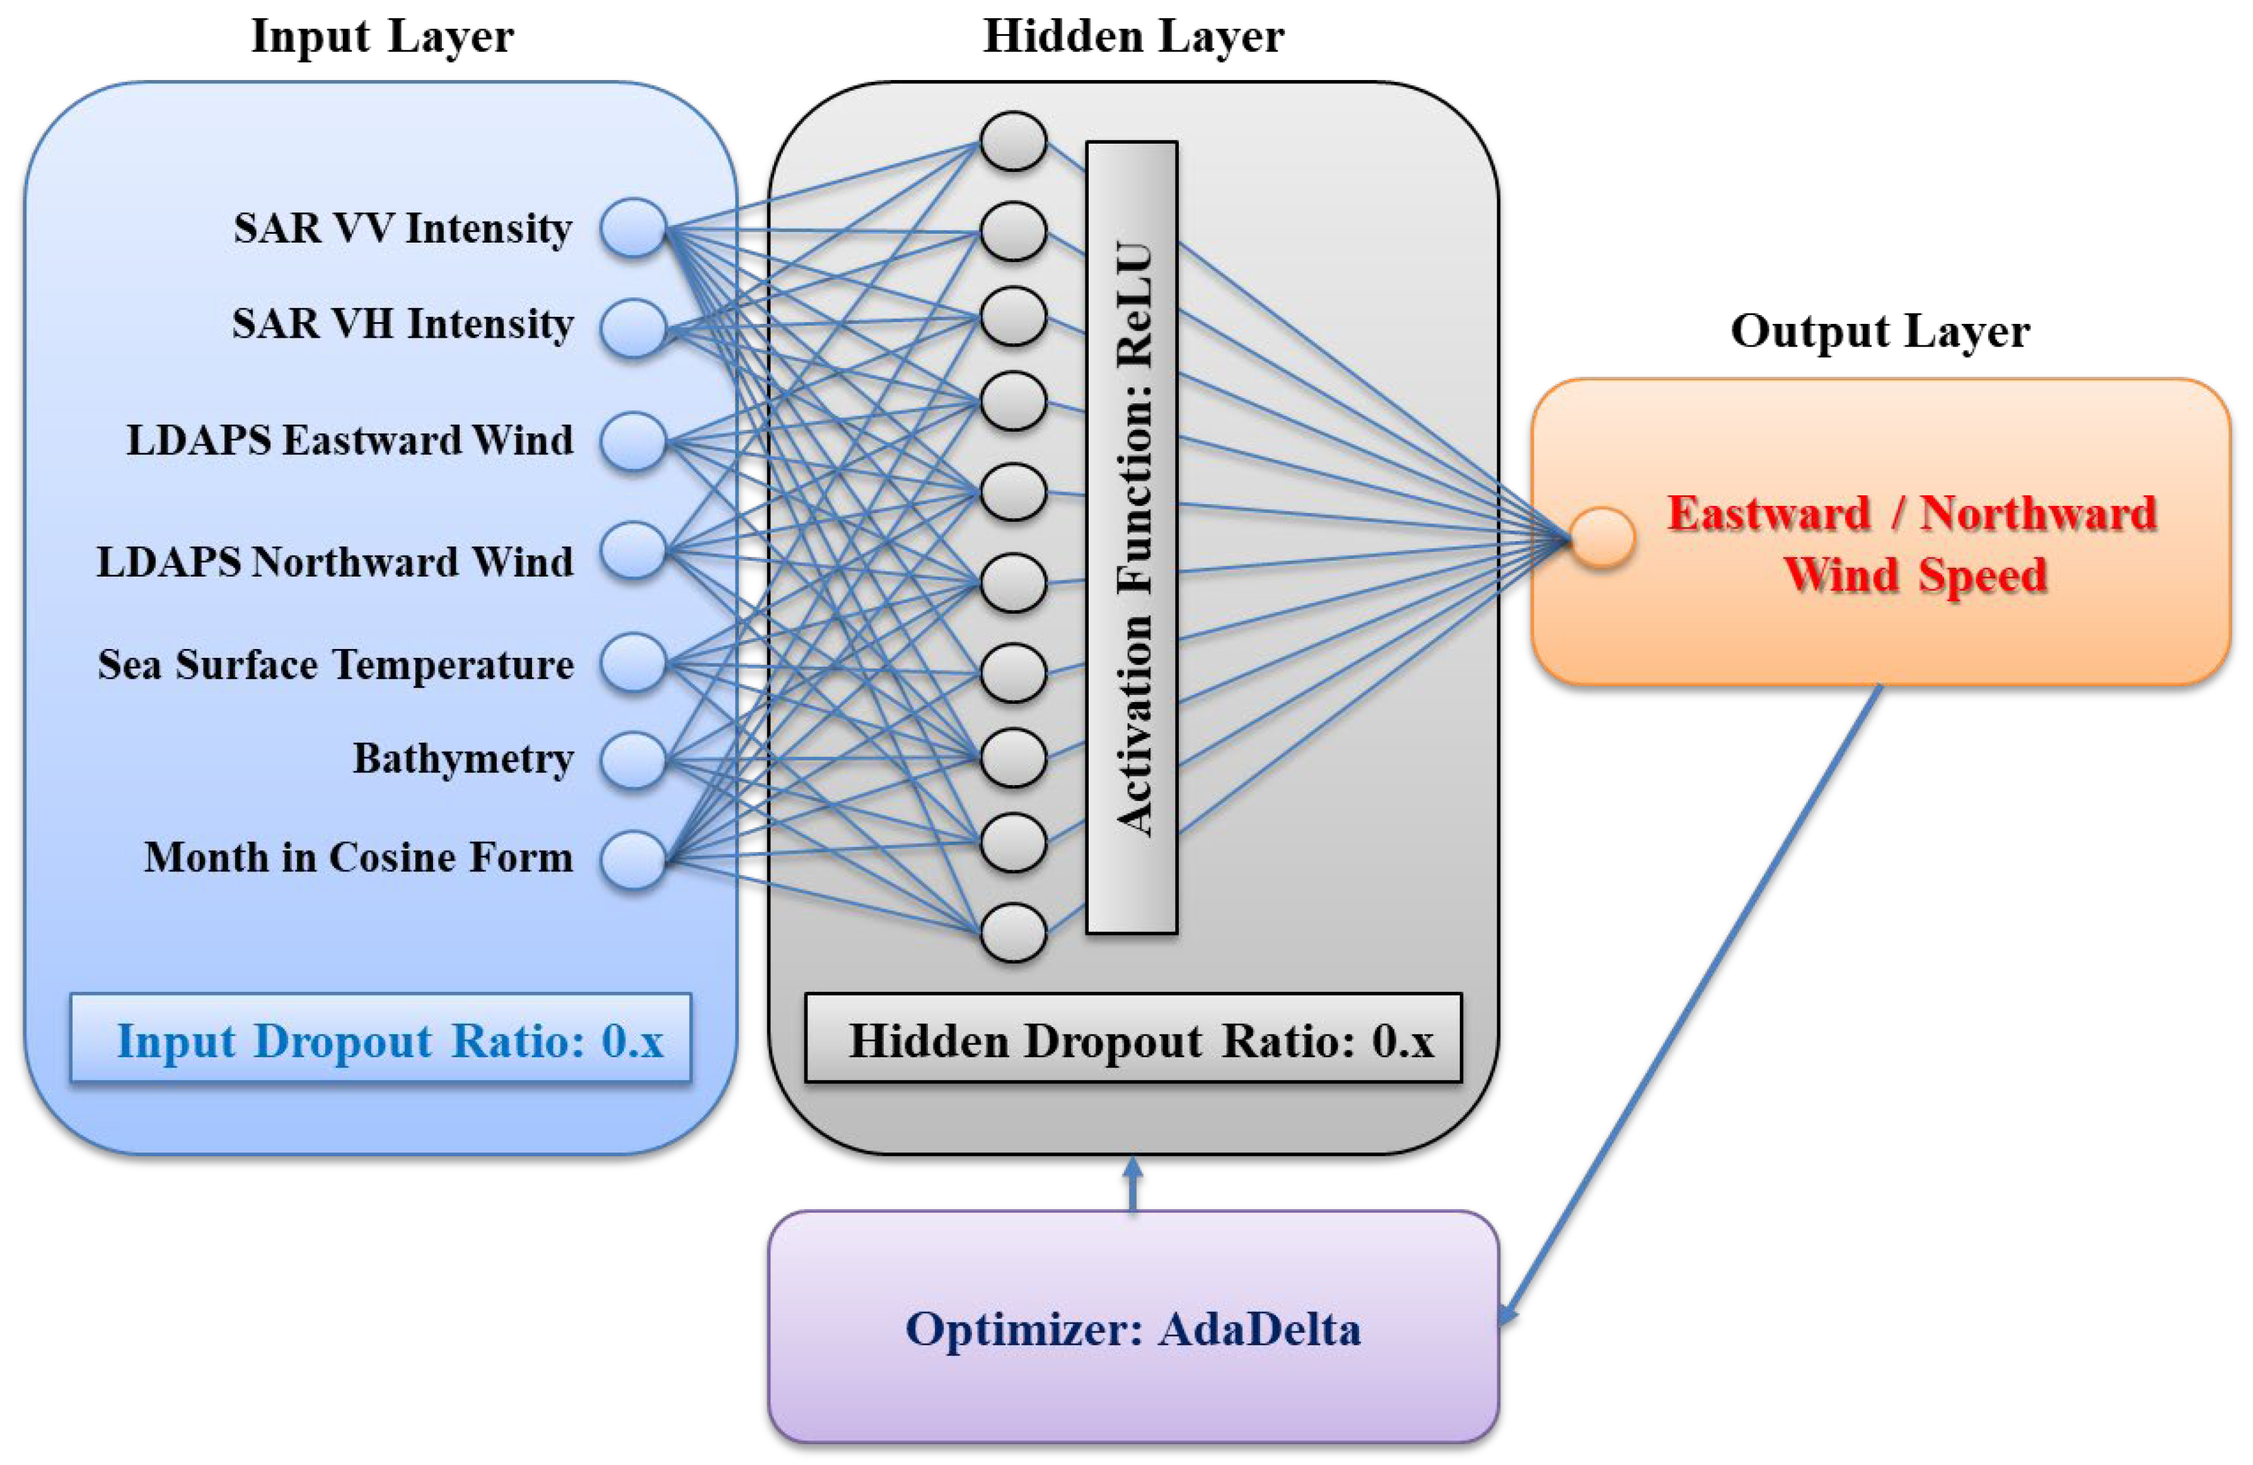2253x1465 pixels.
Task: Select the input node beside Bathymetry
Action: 634,760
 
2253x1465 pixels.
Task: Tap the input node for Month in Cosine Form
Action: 634,860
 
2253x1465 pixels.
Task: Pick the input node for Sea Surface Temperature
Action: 634,662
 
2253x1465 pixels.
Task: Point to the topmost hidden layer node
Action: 1013,141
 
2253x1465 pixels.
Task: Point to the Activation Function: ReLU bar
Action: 1132,537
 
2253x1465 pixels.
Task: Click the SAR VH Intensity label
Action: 402,325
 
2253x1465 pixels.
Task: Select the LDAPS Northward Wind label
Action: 335,562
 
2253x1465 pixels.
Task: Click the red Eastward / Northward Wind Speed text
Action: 1912,544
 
